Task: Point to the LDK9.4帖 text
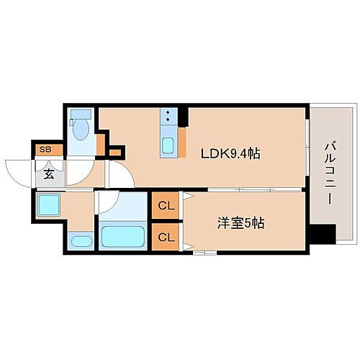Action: point(230,153)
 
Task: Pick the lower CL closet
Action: point(166,236)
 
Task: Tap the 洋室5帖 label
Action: point(240,223)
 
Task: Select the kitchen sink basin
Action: point(168,145)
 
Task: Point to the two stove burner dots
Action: point(168,117)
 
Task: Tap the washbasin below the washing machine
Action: point(81,241)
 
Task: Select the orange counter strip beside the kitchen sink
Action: point(183,140)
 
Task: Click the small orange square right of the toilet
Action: point(115,152)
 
